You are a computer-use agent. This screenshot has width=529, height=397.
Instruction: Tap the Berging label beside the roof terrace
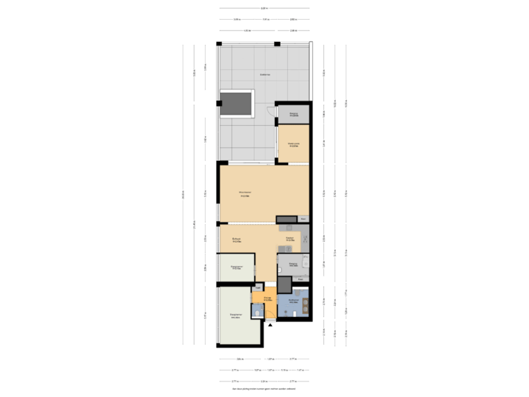point(293,115)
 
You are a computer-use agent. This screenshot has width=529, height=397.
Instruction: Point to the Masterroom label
point(293,145)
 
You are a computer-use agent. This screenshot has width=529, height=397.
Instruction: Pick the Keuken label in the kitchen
point(289,240)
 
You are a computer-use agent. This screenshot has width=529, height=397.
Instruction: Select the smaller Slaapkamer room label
point(237,268)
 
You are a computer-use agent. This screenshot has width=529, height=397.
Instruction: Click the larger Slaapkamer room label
point(235,316)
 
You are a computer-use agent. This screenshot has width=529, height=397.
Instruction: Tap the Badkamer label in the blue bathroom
point(292,301)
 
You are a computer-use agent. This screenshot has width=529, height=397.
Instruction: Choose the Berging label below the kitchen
point(292,262)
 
